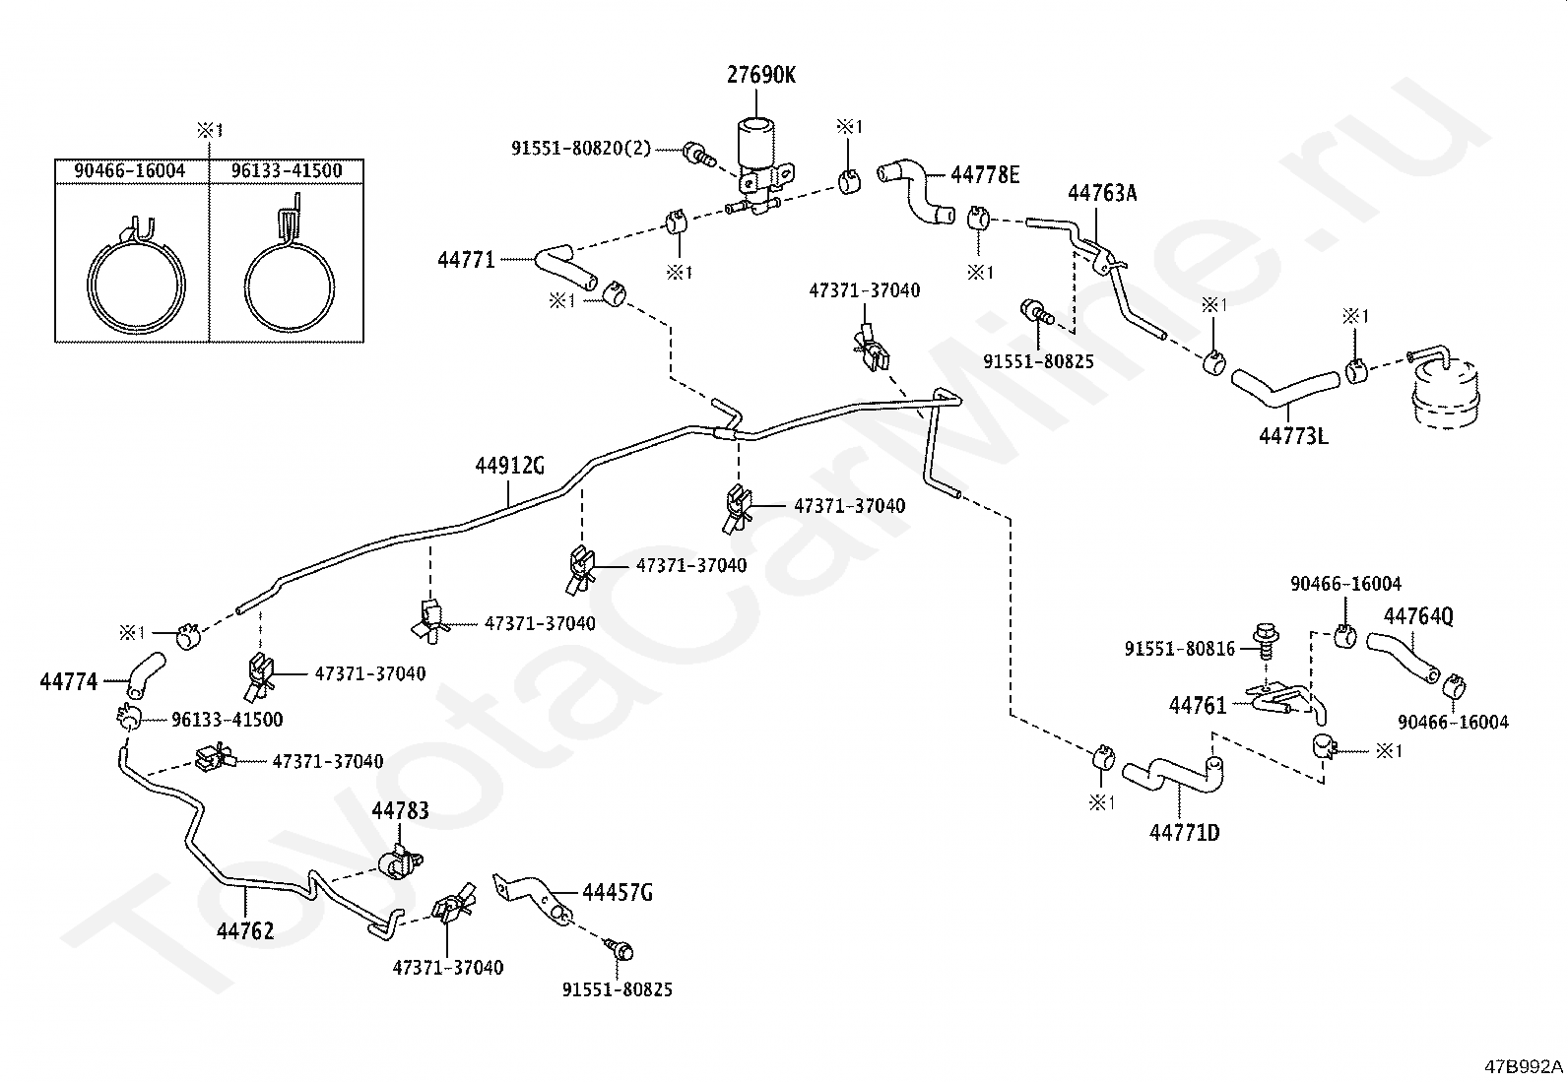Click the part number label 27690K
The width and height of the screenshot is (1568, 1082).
pos(761,75)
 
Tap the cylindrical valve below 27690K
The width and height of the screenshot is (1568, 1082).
pos(755,148)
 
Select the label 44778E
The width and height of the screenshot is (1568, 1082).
pos(985,175)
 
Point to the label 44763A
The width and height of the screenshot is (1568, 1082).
pos(1102,193)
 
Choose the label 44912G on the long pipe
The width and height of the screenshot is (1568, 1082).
pos(509,466)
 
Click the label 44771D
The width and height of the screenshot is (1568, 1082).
pos(1184,833)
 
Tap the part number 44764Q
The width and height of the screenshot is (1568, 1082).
pos(1418,616)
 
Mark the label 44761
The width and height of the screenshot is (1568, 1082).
pos(1198,705)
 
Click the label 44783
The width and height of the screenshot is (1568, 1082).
pos(400,810)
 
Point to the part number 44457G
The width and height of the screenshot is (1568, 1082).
pos(618,893)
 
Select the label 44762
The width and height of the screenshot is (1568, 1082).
pos(245,930)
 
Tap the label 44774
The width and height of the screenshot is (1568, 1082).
pos(69,681)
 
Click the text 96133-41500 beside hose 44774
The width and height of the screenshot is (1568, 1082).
pos(227,720)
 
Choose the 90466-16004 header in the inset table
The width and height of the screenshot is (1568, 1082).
pos(130,170)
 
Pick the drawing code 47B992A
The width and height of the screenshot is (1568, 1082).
pos(1525,1066)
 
